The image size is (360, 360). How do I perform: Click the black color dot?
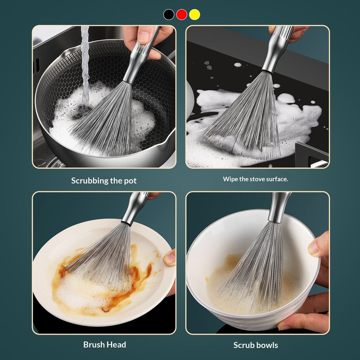(169, 14)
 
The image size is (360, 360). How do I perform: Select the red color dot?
(182, 14)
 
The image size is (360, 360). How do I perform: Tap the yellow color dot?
(194, 14)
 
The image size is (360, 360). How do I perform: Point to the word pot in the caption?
(130, 181)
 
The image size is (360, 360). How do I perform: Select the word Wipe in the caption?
(230, 179)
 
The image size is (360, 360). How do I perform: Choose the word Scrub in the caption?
(244, 345)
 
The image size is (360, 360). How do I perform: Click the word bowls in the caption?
(267, 345)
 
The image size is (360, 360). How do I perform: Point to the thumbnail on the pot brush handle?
(144, 37)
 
